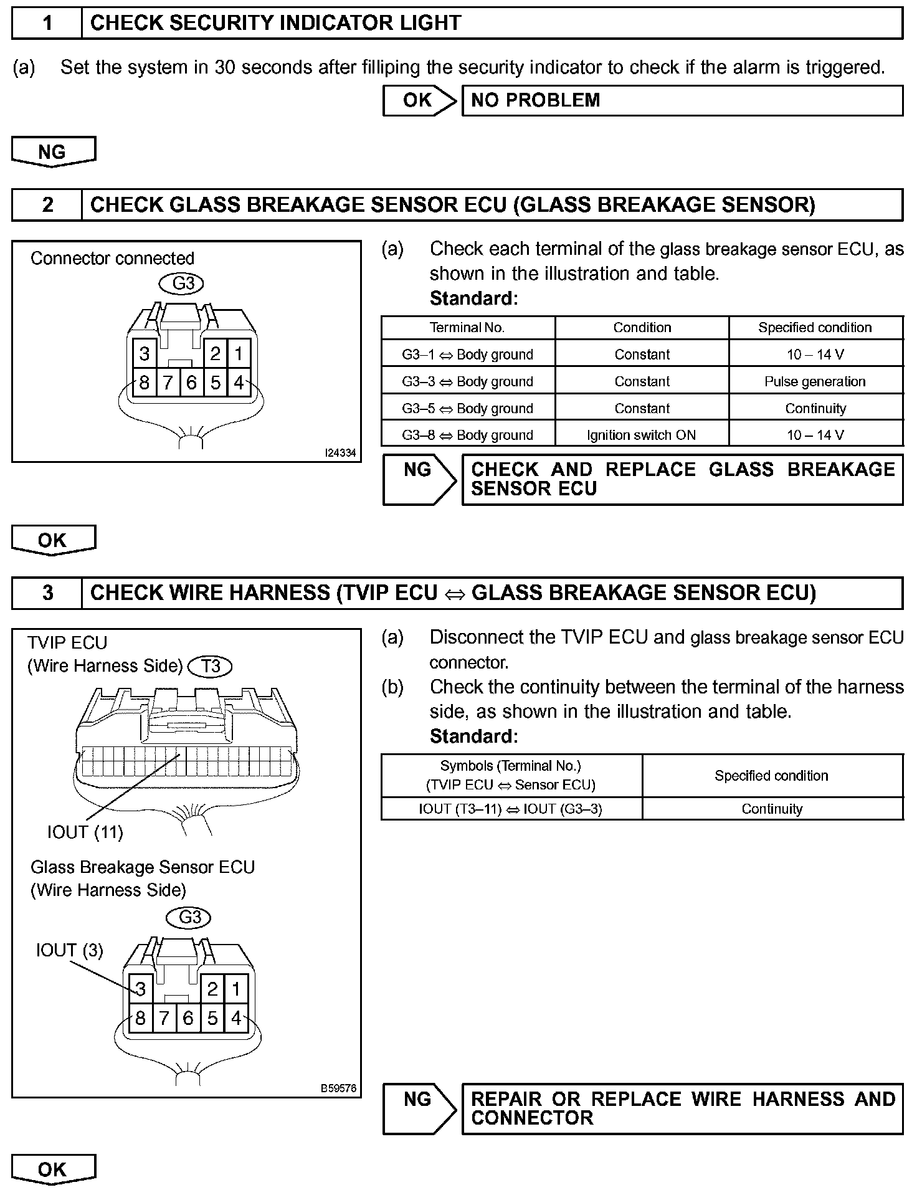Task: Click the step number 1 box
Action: click(47, 24)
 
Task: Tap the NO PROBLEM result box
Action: click(682, 100)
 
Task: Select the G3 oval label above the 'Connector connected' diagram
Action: click(183, 283)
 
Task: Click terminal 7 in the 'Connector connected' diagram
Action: click(168, 383)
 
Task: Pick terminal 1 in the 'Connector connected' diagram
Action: click(239, 354)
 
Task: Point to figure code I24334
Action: click(340, 453)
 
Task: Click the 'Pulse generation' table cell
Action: click(815, 381)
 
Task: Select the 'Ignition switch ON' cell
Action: click(642, 435)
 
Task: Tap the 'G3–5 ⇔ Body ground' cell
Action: click(467, 408)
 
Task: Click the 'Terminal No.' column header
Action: click(467, 328)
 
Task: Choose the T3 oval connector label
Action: click(211, 666)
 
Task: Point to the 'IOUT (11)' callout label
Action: click(85, 832)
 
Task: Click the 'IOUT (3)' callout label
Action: click(69, 950)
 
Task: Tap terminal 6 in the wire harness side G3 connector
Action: click(188, 1018)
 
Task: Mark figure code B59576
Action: click(338, 1088)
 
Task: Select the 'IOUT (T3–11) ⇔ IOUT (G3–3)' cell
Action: click(511, 809)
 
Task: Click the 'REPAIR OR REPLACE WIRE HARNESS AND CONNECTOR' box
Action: click(682, 1108)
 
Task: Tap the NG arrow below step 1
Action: click(53, 152)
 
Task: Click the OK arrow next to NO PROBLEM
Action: click(419, 100)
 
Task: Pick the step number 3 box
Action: click(47, 593)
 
